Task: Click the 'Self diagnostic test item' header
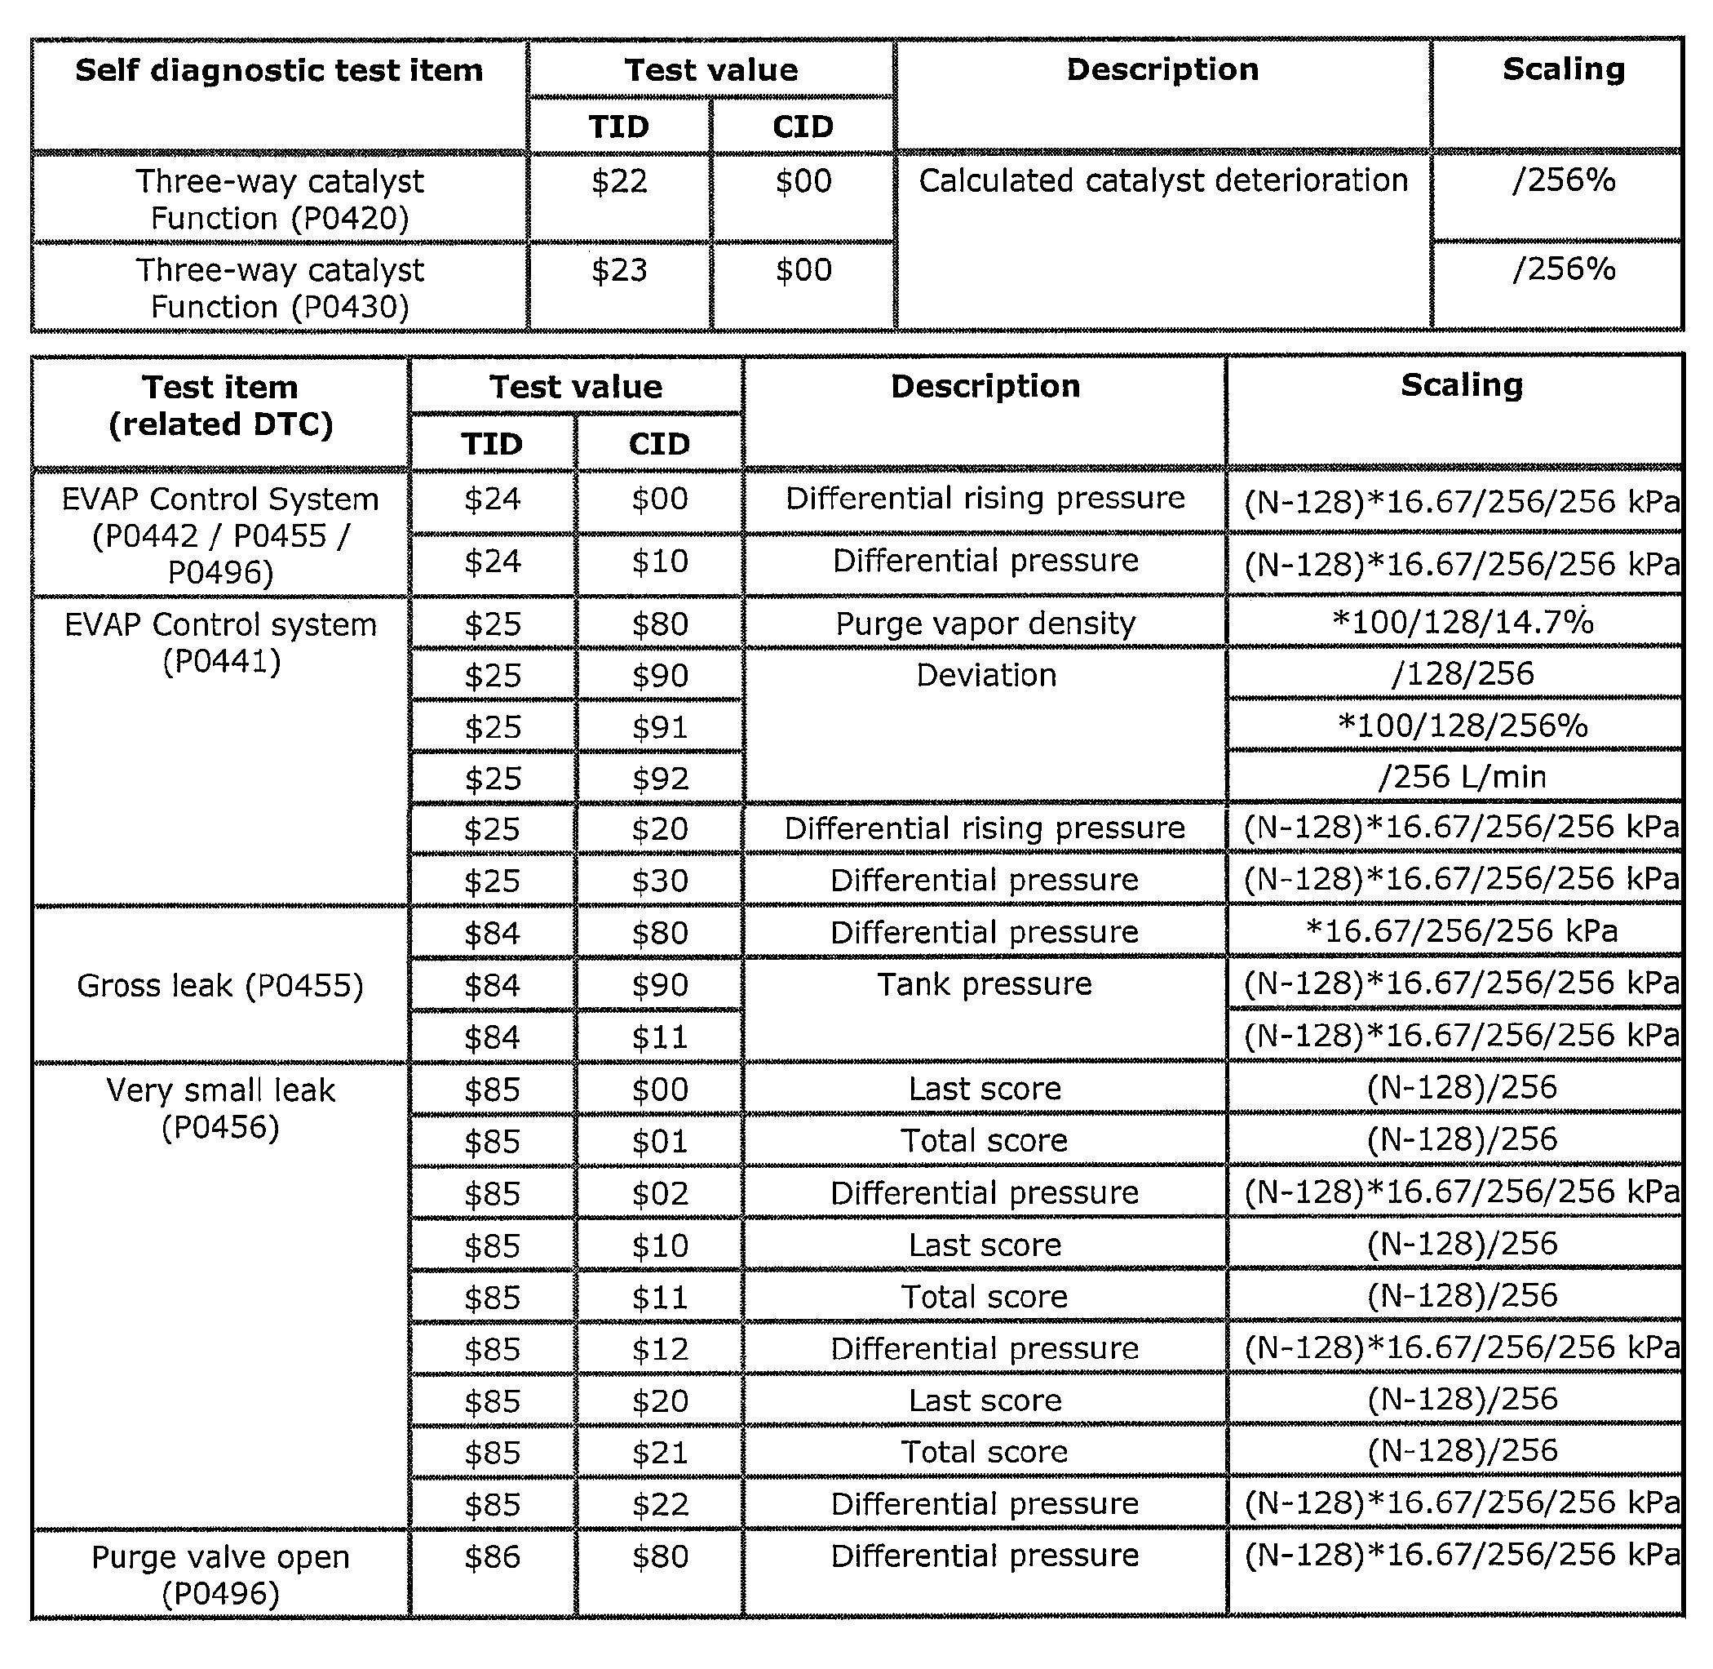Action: (x=279, y=70)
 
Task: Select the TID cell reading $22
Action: (x=618, y=181)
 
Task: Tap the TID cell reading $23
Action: (x=618, y=270)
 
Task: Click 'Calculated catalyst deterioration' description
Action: (x=1162, y=180)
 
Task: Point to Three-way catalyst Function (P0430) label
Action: (x=279, y=288)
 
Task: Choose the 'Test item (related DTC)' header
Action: (x=221, y=406)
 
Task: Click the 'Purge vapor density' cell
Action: (x=985, y=624)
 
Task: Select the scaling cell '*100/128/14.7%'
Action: (x=1462, y=623)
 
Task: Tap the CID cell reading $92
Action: (x=660, y=779)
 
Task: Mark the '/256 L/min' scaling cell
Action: (x=1462, y=777)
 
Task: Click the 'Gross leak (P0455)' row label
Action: (x=220, y=985)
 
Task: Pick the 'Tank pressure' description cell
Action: (x=985, y=984)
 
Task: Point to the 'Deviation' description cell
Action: (x=985, y=675)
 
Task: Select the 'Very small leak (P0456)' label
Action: (x=221, y=1109)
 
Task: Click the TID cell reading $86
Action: (x=493, y=1557)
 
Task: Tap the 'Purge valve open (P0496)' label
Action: (x=221, y=1575)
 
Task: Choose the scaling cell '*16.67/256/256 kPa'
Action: (x=1462, y=931)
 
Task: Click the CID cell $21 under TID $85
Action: (x=660, y=1453)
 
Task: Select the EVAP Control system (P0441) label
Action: (x=221, y=642)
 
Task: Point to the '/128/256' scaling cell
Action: (x=1462, y=674)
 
